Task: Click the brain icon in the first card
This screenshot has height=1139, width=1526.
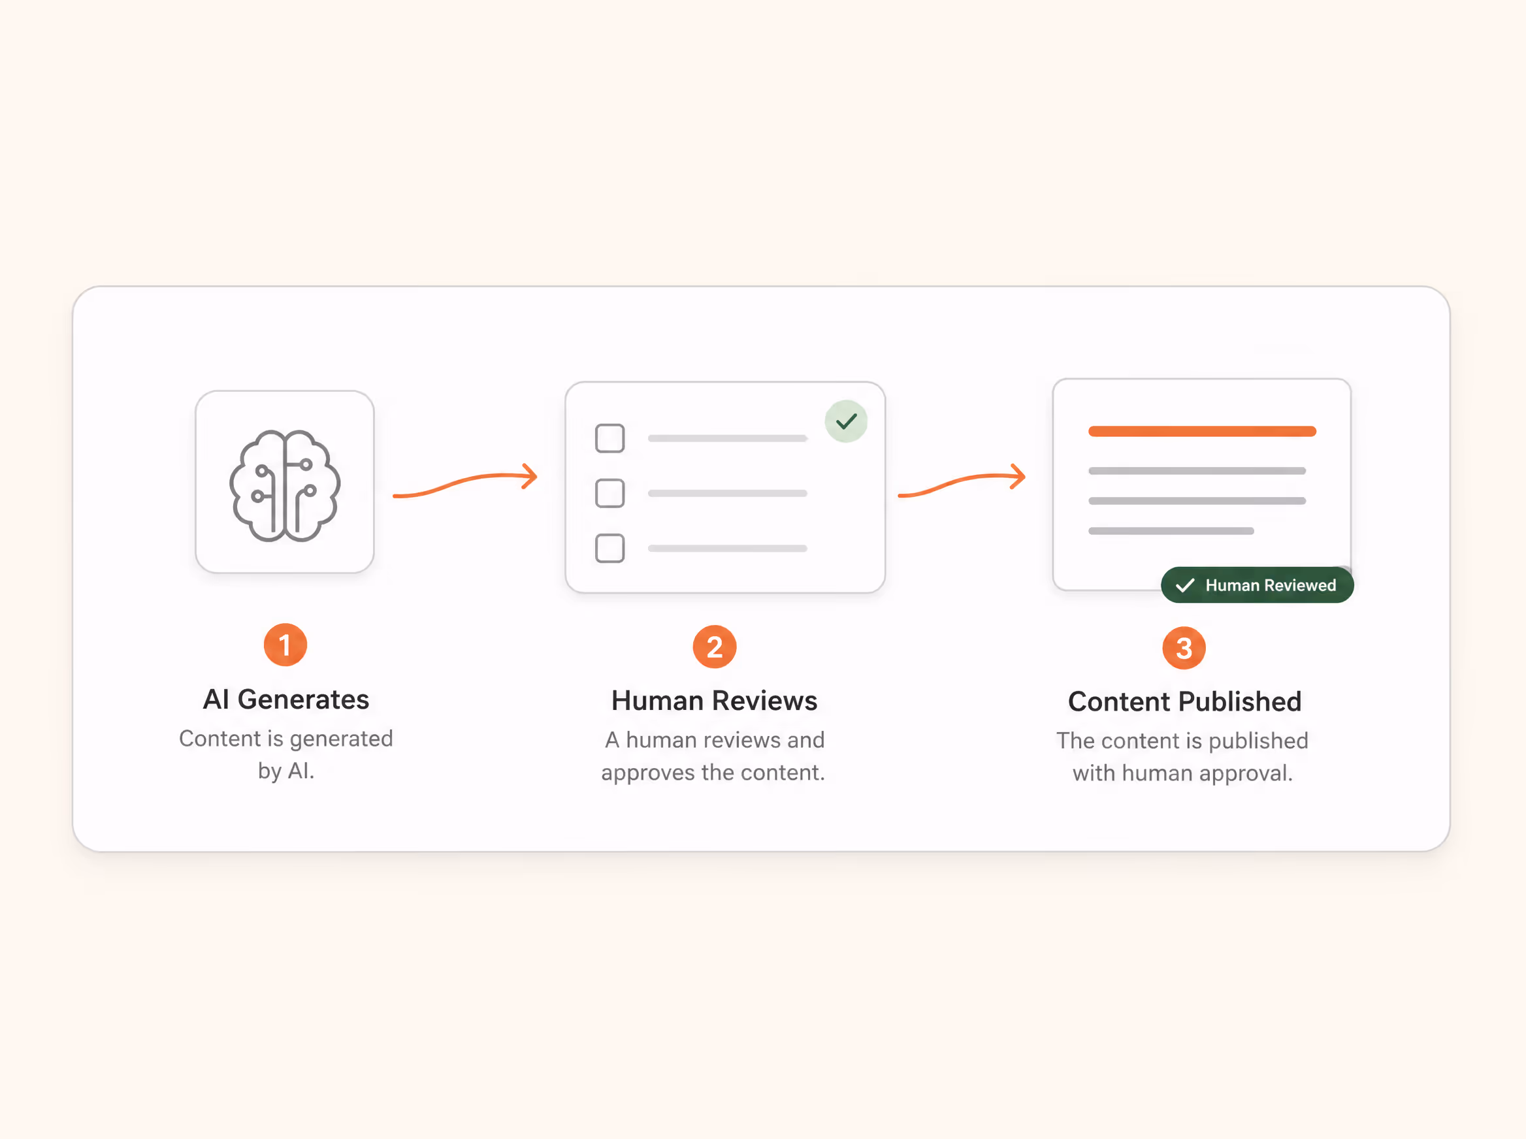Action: (x=285, y=485)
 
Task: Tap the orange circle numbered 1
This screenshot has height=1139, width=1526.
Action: (x=285, y=645)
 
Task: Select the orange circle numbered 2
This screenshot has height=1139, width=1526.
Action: (x=715, y=647)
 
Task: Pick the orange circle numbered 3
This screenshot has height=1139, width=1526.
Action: (x=1184, y=648)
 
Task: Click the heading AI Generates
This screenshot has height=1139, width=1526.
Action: (x=286, y=699)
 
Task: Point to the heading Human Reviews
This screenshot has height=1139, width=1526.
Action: (x=715, y=701)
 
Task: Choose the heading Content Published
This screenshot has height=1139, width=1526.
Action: (x=1184, y=702)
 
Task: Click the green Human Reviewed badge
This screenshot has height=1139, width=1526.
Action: (x=1257, y=585)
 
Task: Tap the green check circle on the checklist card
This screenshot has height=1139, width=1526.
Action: (x=846, y=421)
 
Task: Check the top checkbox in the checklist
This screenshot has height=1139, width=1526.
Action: (x=609, y=438)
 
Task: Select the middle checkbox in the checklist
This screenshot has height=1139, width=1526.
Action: (x=609, y=494)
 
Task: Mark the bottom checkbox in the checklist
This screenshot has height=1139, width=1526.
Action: (x=609, y=549)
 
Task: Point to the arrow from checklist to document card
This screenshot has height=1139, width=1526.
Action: (x=962, y=481)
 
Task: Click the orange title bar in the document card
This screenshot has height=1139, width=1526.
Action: (x=1202, y=432)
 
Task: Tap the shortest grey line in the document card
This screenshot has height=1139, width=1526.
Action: (x=1171, y=531)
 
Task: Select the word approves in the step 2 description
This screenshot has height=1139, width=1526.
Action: (x=648, y=773)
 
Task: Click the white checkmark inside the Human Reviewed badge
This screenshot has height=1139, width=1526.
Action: (x=1184, y=585)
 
